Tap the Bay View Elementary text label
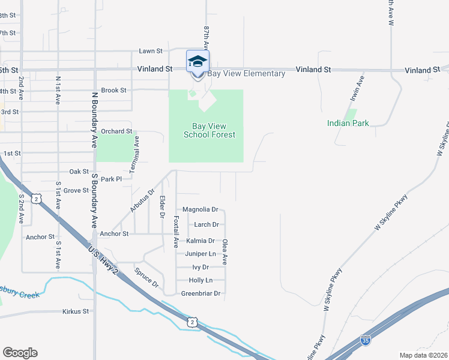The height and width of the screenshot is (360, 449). [246, 74]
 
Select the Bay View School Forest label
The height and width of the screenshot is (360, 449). [209, 131]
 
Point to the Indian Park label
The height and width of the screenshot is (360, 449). [348, 123]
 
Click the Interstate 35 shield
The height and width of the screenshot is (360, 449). [366, 341]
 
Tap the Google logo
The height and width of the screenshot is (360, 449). [20, 353]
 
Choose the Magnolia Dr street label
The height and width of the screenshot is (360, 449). [200, 210]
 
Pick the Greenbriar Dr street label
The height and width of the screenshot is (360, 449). [200, 294]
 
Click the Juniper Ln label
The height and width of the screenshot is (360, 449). [199, 254]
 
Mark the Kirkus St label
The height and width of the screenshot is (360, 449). [76, 311]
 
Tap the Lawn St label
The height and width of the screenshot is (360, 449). [151, 52]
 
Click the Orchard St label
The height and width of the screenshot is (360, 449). [116, 131]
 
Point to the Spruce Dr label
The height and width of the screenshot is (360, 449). [146, 277]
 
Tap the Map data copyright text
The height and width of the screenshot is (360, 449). [423, 355]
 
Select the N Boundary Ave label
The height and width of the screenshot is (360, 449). [94, 120]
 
